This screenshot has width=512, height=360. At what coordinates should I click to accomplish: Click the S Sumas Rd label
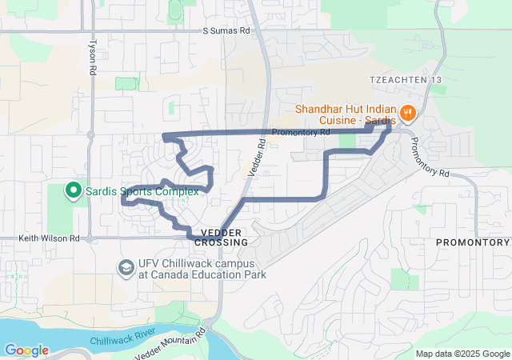pos(226,30)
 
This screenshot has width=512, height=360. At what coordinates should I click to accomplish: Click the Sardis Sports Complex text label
pos(130,190)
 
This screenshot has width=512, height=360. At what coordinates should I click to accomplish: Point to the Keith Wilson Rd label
pos(50,238)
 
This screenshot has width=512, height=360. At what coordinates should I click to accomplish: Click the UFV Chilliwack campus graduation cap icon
pos(126,267)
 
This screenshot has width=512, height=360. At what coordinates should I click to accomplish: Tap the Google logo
pos(26,350)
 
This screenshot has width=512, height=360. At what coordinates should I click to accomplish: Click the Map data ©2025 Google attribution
pos(462,354)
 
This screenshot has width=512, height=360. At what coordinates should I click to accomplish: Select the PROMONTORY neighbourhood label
pos(472,242)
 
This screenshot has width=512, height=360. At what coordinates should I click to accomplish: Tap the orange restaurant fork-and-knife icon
pos(408,113)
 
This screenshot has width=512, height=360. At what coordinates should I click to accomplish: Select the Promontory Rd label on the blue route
pos(301,132)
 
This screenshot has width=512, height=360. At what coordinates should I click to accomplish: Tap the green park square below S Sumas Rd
pos(126,83)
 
